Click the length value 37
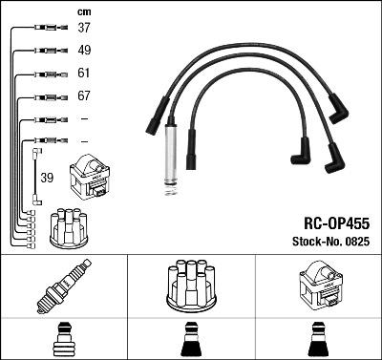point(84,29)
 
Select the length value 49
point(84,51)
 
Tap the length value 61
point(84,74)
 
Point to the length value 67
point(84,96)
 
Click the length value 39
point(48,178)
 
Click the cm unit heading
point(83,11)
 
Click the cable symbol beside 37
point(46,29)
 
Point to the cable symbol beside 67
point(46,96)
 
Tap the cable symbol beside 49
point(46,51)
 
